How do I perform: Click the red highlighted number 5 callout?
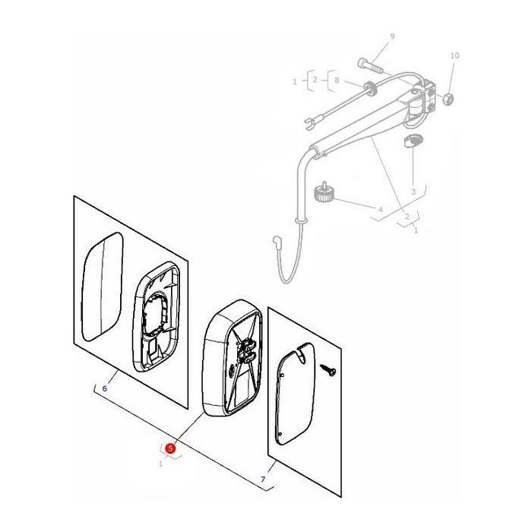click(170, 449)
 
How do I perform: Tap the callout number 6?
click(104, 388)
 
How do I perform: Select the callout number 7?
click(263, 480)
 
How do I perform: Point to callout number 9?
click(392, 36)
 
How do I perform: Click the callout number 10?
click(454, 55)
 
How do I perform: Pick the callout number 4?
click(380, 209)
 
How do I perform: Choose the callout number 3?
click(413, 192)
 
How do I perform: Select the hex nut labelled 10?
click(448, 99)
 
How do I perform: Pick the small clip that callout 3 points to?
click(413, 141)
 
